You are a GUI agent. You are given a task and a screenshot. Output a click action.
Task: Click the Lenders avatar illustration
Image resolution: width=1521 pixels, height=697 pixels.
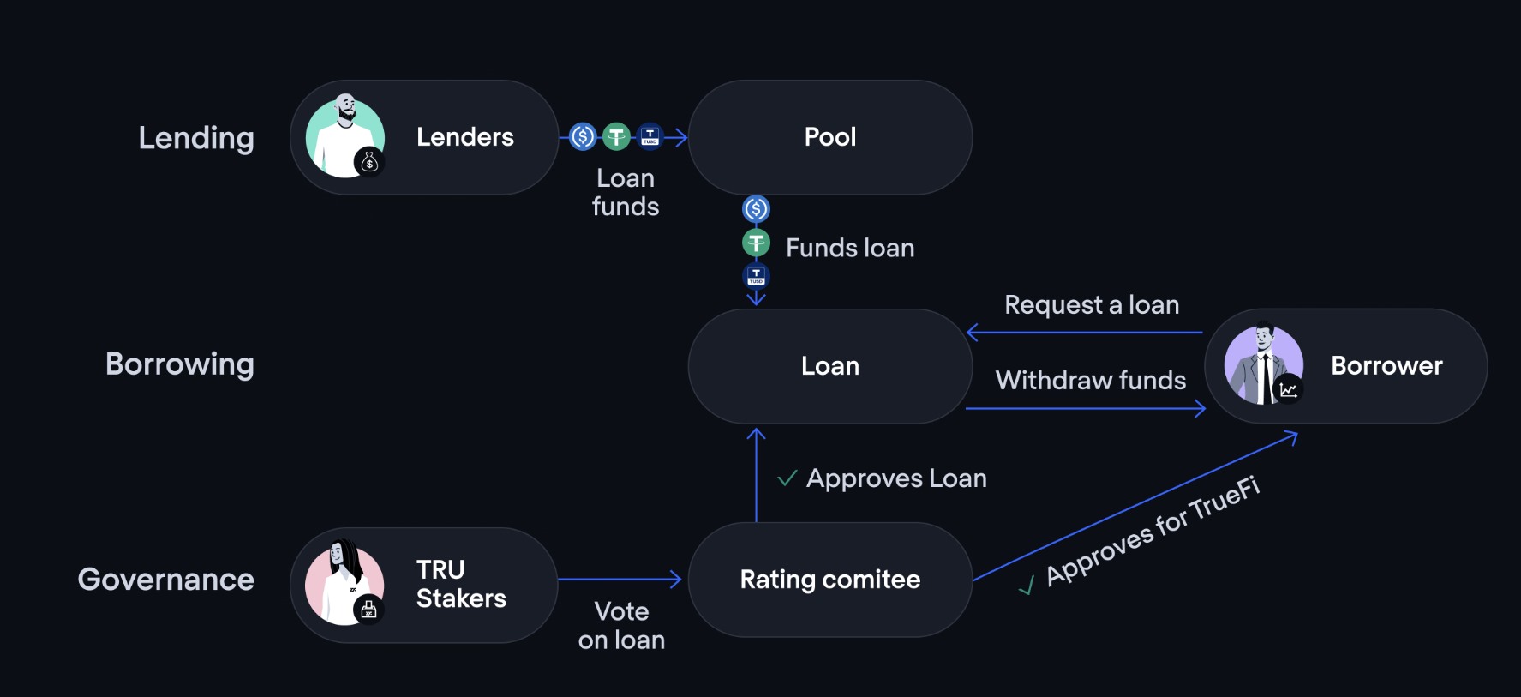click(x=344, y=137)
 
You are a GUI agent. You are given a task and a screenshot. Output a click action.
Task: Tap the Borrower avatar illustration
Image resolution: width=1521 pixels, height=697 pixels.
click(x=1263, y=364)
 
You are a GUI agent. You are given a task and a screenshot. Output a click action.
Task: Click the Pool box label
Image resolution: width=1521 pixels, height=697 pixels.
click(x=829, y=137)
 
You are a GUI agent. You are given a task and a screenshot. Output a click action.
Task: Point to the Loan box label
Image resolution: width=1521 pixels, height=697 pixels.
click(x=829, y=366)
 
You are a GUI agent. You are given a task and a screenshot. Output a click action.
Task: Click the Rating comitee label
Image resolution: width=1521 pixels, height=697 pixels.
click(x=829, y=580)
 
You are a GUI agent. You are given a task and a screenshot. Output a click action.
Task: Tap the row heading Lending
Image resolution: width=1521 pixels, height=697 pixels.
click(x=196, y=138)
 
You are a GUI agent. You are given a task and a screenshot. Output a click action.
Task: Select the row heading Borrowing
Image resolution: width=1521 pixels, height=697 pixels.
click(x=180, y=364)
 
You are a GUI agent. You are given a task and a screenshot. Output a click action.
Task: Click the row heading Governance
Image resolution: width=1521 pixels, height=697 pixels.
click(x=166, y=580)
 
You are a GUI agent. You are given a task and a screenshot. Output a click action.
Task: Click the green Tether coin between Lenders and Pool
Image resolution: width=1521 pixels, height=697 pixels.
click(x=616, y=136)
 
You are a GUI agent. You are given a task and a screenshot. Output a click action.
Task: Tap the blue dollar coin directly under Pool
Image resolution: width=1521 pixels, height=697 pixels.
click(x=756, y=208)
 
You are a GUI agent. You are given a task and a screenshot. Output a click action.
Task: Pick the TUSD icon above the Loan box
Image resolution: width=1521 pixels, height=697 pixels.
click(x=756, y=276)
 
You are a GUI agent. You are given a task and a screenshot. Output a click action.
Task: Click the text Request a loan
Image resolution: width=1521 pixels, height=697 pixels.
click(x=1092, y=305)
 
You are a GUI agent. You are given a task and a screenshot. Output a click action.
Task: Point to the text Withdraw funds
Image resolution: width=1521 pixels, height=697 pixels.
click(x=1091, y=380)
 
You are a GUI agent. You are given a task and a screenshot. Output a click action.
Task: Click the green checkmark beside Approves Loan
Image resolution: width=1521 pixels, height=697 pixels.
click(x=787, y=478)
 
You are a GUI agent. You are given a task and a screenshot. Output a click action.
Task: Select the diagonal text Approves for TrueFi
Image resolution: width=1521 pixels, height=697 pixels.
click(x=1153, y=531)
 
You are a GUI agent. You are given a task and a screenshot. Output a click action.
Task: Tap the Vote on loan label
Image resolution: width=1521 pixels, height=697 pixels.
click(x=621, y=625)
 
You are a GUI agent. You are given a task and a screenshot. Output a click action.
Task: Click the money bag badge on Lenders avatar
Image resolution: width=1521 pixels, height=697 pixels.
click(x=369, y=161)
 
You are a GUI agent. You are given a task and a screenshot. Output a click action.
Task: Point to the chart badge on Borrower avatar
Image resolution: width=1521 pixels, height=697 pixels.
click(x=1288, y=389)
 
